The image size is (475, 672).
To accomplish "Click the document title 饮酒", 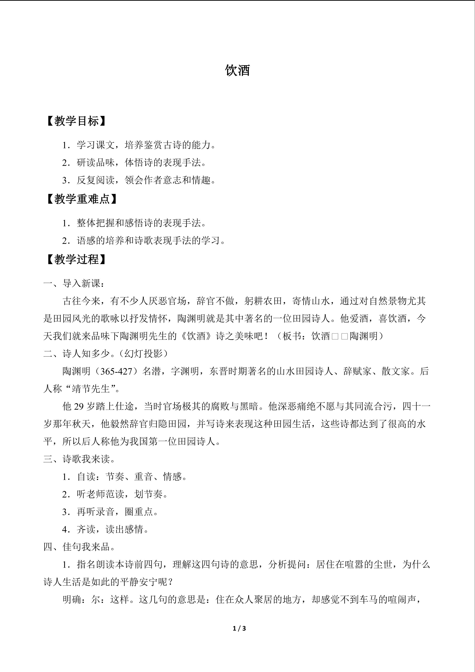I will [237, 71].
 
